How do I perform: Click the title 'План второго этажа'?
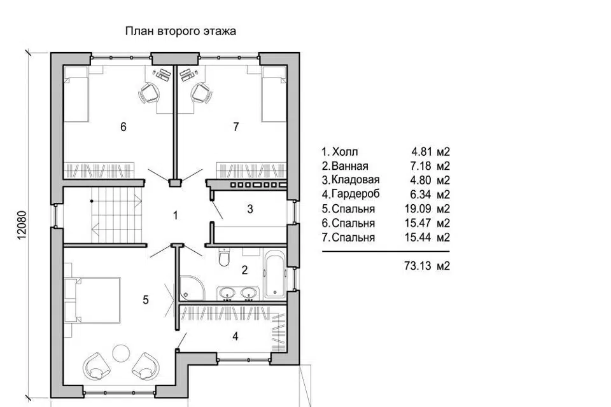(180, 31)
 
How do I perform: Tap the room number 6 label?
(123, 127)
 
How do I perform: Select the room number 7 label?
(235, 127)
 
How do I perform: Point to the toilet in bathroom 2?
(224, 257)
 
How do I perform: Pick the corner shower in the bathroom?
(192, 288)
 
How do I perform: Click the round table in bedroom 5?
(121, 353)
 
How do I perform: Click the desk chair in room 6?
(149, 93)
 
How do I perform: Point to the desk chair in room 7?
(202, 93)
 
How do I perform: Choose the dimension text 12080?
(22, 224)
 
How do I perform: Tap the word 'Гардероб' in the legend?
(355, 194)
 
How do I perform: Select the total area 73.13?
(418, 266)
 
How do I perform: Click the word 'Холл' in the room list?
(345, 151)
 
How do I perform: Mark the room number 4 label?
(235, 336)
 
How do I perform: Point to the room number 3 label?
(250, 209)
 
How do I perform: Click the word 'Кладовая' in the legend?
(355, 180)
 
